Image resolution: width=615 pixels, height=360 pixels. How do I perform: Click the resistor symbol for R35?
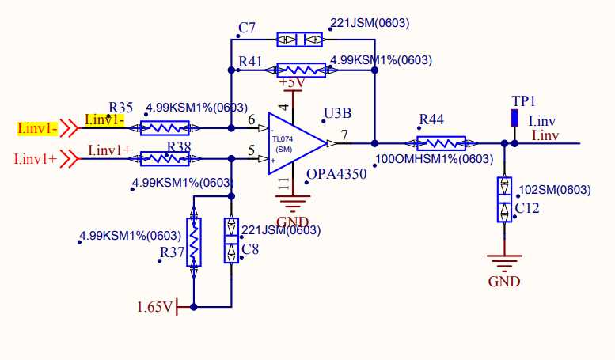(x=165, y=128)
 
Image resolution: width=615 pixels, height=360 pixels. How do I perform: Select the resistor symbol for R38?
(x=165, y=159)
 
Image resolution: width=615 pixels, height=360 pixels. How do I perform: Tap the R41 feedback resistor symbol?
(x=302, y=70)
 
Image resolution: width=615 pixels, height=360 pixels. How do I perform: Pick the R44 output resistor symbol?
(x=441, y=143)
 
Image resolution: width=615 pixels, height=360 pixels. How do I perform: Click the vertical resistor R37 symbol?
(x=194, y=242)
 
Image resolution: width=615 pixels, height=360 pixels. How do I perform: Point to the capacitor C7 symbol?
(x=300, y=40)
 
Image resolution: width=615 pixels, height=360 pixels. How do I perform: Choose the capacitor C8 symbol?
(x=231, y=241)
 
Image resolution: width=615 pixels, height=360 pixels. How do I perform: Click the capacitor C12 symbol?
(x=504, y=199)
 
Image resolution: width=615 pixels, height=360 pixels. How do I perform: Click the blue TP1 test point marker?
(x=514, y=118)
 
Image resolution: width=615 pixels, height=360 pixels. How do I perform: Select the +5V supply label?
(x=292, y=83)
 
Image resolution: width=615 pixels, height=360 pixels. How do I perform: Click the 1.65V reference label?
(x=155, y=307)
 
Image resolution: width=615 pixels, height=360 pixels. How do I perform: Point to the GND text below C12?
(x=504, y=282)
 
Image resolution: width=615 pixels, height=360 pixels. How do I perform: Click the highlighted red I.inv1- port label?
(x=38, y=128)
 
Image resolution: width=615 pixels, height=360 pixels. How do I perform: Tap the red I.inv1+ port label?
(x=36, y=159)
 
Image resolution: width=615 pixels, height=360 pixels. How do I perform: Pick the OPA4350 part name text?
(x=336, y=174)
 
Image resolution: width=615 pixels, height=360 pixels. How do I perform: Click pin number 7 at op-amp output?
(x=344, y=135)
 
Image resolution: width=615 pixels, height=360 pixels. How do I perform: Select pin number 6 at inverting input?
(x=252, y=119)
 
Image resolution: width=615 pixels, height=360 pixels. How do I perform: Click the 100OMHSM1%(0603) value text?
(x=435, y=159)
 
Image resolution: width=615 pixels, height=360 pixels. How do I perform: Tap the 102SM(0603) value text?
(x=555, y=190)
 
